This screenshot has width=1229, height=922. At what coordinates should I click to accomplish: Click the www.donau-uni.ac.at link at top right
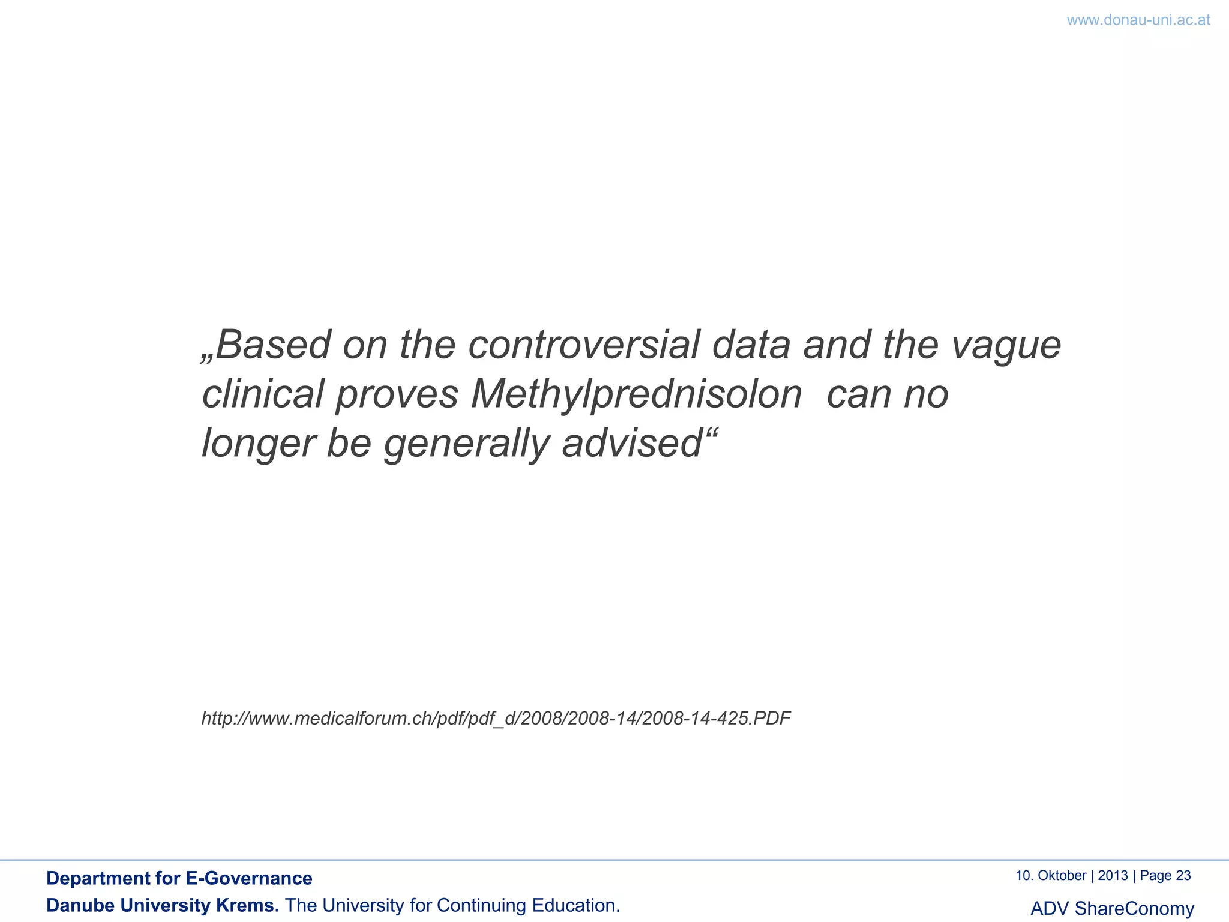pyautogui.click(x=1138, y=20)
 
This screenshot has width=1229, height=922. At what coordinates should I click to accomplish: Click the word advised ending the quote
pyautogui.click(x=631, y=444)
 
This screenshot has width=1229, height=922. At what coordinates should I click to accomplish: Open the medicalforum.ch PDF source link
pyautogui.click(x=496, y=718)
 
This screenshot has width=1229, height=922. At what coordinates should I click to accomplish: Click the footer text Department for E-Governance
pyautogui.click(x=179, y=878)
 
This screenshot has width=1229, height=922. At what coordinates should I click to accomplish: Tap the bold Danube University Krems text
pyautogui.click(x=163, y=905)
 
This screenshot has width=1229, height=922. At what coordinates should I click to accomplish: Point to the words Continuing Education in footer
pyautogui.click(x=528, y=905)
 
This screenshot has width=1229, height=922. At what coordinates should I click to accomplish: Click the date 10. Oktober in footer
pyautogui.click(x=1050, y=876)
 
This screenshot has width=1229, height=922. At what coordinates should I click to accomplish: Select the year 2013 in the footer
pyautogui.click(x=1113, y=876)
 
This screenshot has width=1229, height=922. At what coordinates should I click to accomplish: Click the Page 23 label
pyautogui.click(x=1165, y=876)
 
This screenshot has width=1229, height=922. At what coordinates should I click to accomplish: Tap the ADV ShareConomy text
pyautogui.click(x=1112, y=908)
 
